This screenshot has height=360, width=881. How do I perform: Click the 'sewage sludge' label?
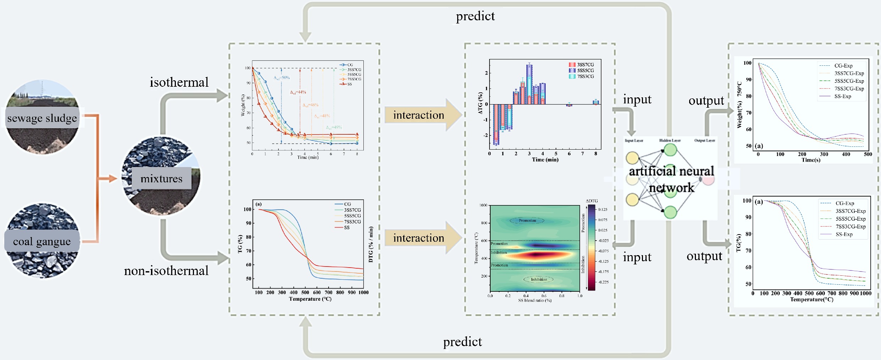[x=42, y=118]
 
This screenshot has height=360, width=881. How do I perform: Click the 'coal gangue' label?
[x=42, y=241]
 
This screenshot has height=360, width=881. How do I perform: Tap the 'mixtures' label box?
[x=161, y=178]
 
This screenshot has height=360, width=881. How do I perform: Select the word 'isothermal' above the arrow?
[x=179, y=82]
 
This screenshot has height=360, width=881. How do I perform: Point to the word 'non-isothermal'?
[x=166, y=271]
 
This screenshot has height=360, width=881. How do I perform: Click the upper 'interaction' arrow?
[x=419, y=115]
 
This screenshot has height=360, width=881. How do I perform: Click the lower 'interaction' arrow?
[x=419, y=238]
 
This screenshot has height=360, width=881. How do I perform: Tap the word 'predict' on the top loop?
[x=475, y=16]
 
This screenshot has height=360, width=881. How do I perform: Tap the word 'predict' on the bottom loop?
[x=462, y=342]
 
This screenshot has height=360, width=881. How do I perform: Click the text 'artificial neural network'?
[x=671, y=179]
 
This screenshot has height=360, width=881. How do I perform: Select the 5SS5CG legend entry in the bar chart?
[x=585, y=70]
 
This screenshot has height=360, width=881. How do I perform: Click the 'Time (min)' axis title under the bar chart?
[x=545, y=160]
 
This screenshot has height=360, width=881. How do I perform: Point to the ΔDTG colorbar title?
[x=592, y=201]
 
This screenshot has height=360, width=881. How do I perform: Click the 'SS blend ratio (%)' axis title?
[x=535, y=300]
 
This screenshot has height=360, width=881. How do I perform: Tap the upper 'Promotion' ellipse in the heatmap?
[x=527, y=221]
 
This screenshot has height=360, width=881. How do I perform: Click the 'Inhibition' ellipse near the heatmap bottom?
[x=539, y=279]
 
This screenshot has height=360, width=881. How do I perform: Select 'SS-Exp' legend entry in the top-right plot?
[x=842, y=96]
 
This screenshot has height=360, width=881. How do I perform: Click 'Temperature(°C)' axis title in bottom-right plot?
[x=811, y=300]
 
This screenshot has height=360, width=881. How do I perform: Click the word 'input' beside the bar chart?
[x=637, y=100]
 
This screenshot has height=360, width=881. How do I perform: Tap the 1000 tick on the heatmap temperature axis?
[x=483, y=205]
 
